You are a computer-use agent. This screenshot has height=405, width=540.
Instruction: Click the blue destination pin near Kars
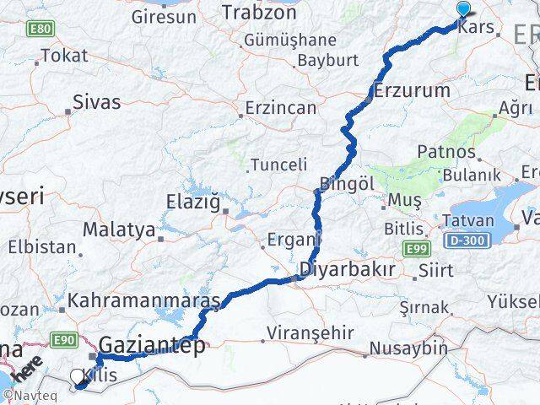coord(463,9)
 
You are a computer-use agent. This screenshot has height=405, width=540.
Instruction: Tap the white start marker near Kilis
coord(78,377)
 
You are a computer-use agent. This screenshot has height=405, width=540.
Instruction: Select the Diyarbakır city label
coord(346,269)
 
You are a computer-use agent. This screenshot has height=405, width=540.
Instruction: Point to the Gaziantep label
coord(152,345)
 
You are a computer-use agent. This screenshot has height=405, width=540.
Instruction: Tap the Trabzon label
coord(254,12)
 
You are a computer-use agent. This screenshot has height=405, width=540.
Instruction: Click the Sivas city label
coord(97,102)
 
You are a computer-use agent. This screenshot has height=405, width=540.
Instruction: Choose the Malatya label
coord(119,229)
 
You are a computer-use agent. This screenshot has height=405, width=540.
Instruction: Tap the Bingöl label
coord(347,183)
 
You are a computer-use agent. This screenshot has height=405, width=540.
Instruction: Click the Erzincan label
coord(281,108)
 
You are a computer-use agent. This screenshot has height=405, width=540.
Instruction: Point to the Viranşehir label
coord(313,332)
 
